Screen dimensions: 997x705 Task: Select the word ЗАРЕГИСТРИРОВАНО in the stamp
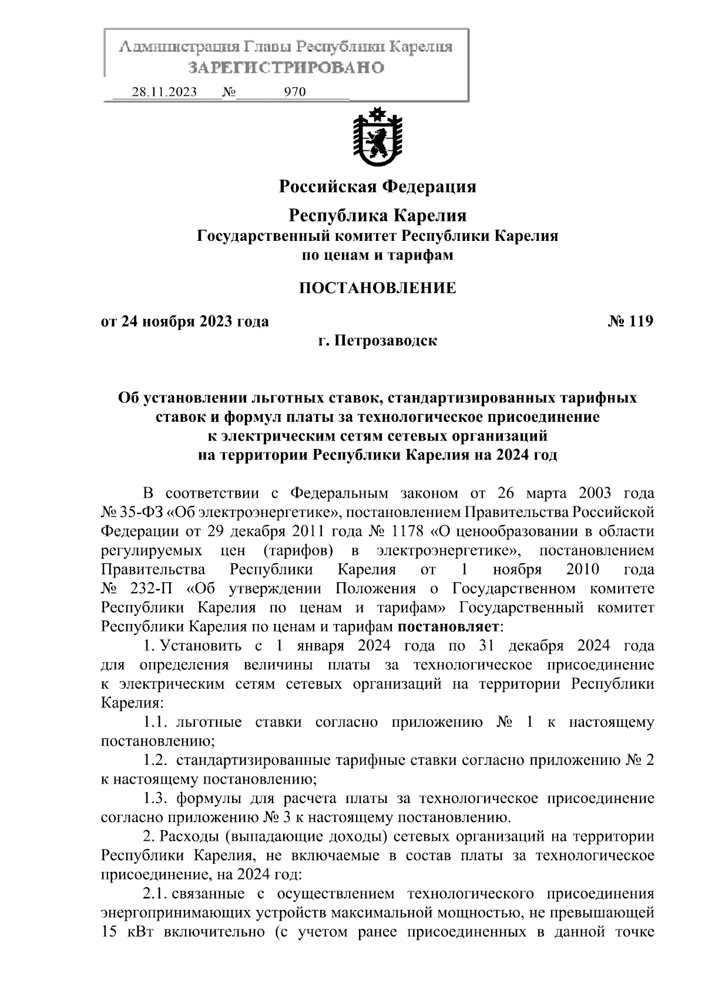pyautogui.click(x=286, y=68)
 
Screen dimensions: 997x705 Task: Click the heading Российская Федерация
pyautogui.click(x=377, y=187)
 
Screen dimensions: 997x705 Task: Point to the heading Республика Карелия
pyautogui.click(x=377, y=216)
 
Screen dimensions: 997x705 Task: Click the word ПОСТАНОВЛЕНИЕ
pyautogui.click(x=377, y=288)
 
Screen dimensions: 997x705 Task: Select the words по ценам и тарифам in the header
pyautogui.click(x=377, y=256)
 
